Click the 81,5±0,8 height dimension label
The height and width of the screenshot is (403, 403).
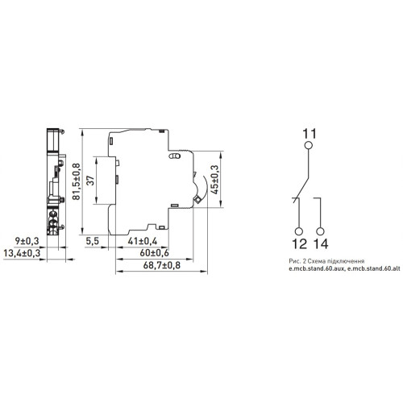click(77, 181)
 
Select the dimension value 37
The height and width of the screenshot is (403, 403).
click(91, 181)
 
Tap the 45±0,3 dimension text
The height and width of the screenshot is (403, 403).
click(215, 179)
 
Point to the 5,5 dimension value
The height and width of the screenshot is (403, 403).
click(93, 241)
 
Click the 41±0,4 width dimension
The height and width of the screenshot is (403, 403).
click(143, 241)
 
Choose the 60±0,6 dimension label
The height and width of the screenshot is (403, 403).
click(154, 253)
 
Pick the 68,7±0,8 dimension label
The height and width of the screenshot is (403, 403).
click(162, 265)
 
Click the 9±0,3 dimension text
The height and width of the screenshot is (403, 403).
click(27, 241)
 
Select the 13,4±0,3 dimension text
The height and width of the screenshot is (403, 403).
click(22, 253)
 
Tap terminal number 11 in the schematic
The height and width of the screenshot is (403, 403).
click(310, 134)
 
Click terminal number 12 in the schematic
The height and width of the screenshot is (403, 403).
click(299, 244)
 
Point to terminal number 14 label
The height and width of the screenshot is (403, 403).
click(321, 244)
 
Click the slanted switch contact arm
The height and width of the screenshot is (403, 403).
click(301, 190)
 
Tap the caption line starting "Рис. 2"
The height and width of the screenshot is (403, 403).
click(326, 261)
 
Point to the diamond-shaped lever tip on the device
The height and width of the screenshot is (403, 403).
click(197, 200)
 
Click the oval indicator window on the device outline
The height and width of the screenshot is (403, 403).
click(174, 156)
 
